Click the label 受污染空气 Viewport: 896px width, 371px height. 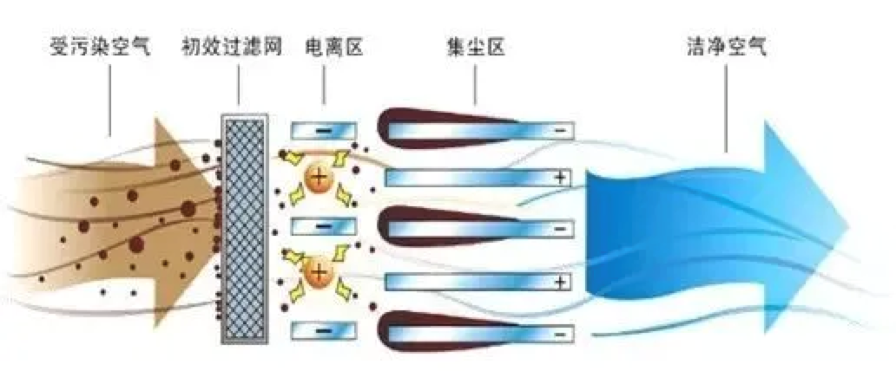100,46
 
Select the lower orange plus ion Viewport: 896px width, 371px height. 319,276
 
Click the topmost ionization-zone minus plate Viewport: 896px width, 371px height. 323,131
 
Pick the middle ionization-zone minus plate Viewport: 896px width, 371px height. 323,228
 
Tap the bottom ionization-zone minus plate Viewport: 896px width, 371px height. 323,329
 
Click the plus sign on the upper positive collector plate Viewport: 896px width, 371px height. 561,179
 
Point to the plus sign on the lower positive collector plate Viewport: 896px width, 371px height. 561,282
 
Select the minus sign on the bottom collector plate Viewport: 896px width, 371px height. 561,332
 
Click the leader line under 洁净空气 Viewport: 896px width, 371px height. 726,104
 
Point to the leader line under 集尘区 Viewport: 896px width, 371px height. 476,87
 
